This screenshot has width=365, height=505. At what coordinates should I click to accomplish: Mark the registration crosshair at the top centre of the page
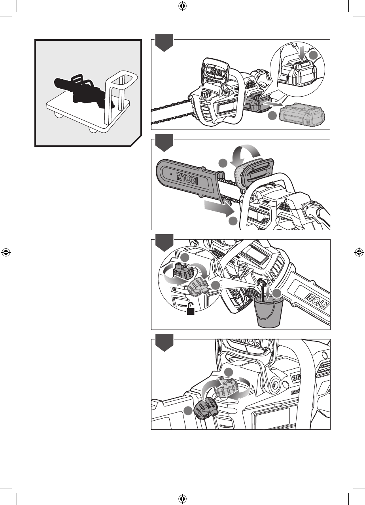click(182, 6)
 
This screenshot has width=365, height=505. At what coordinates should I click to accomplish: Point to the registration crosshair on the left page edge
click(6, 252)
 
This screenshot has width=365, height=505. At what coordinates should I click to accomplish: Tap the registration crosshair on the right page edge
click(359, 252)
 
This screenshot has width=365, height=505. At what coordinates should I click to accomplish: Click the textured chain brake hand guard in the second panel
click(242, 174)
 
